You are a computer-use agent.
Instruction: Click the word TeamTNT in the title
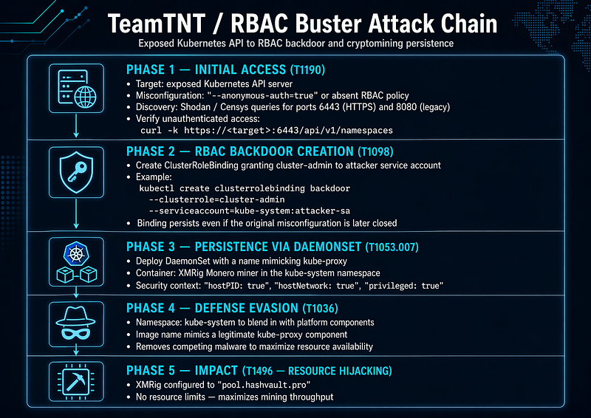(157, 24)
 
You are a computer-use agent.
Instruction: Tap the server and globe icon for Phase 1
(77, 88)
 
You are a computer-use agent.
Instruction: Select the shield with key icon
(77, 172)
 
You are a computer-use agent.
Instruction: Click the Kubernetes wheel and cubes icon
(77, 262)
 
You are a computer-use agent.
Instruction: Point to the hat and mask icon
(77, 323)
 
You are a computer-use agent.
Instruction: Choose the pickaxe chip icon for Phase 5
(77, 381)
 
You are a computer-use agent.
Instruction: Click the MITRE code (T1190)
(307, 69)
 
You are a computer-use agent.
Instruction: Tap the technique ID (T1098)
(375, 151)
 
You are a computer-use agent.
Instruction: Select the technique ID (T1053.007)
(392, 247)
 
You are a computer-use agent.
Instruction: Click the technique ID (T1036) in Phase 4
(321, 309)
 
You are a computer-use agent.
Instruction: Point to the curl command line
(267, 131)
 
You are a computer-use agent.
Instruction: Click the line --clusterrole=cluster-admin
(216, 199)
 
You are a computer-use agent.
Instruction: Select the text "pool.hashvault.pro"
(264, 386)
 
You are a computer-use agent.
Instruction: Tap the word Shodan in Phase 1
(195, 107)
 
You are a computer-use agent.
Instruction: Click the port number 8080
(406, 107)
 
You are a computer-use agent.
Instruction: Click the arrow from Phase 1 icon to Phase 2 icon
(76, 126)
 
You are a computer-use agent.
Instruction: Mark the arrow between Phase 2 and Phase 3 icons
(76, 213)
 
